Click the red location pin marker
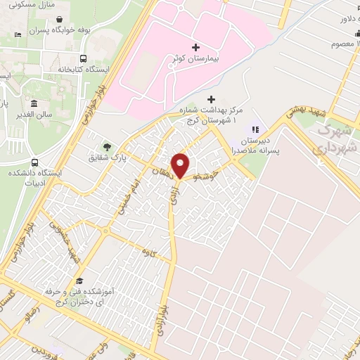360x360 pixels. click(181, 165)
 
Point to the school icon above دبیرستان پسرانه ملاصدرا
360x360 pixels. click(255, 130)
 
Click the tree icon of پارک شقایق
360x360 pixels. click(107, 147)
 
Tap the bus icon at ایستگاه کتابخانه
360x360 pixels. click(84, 59)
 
